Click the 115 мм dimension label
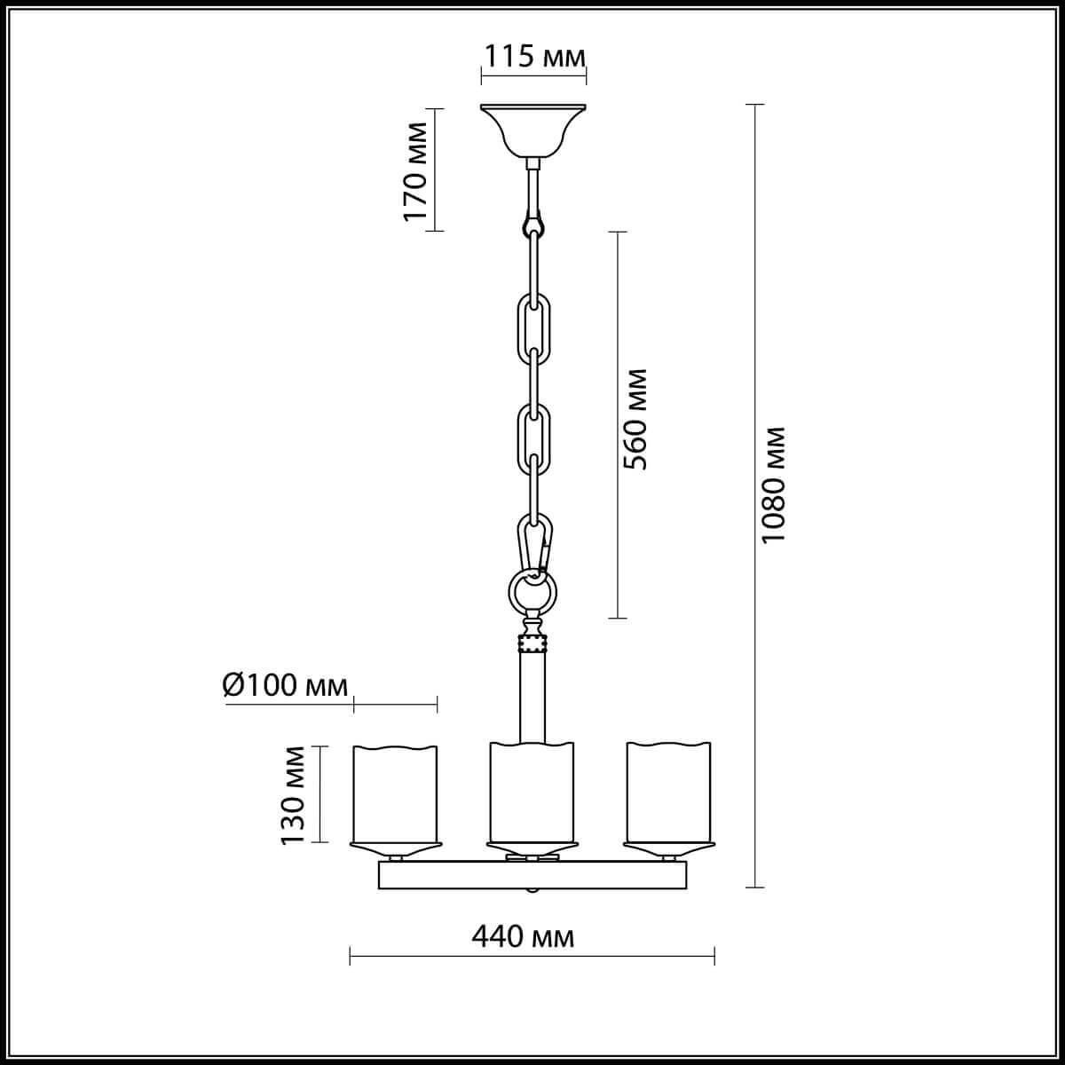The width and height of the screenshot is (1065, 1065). tap(533, 57)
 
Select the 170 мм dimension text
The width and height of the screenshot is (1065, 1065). tap(414, 170)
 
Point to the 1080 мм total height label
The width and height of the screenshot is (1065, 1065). tap(774, 486)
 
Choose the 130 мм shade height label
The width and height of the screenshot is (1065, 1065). tap(294, 795)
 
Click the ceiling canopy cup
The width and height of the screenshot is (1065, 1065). tap(532, 130)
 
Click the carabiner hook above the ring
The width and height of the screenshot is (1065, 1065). tap(535, 542)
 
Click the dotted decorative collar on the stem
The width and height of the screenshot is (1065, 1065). tap(532, 643)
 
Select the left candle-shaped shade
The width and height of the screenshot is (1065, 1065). tap(396, 793)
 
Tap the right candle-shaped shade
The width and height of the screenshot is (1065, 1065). tap(669, 793)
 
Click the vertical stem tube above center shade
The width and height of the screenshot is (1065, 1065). tap(532, 697)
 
